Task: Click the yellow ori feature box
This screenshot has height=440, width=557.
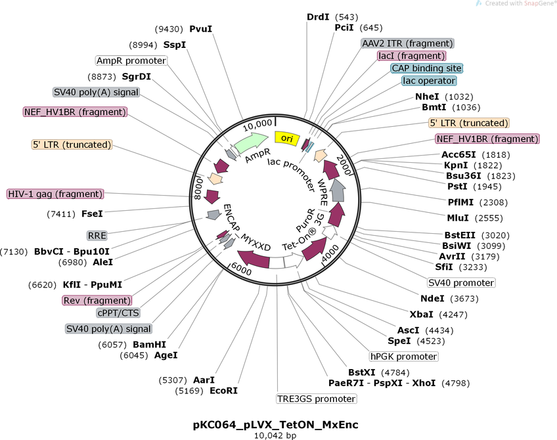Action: click(287, 138)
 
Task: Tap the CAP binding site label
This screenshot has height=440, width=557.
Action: click(426, 68)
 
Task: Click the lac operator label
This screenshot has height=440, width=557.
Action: click(429, 81)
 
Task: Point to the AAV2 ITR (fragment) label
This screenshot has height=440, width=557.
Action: click(407, 43)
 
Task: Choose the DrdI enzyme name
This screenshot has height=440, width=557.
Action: click(319, 16)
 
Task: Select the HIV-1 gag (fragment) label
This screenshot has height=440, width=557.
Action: click(55, 194)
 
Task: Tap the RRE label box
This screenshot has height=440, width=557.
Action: click(97, 234)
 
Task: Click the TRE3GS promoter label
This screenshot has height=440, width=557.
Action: click(316, 399)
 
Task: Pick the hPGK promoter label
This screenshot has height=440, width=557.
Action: click(403, 357)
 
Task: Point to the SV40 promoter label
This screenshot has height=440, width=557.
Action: click(460, 282)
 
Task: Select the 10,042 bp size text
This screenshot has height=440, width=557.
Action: click(276, 435)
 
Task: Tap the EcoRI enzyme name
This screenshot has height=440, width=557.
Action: click(223, 391)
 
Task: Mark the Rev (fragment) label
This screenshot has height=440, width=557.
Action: click(97, 300)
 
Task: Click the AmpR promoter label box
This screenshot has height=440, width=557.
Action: click(131, 60)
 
